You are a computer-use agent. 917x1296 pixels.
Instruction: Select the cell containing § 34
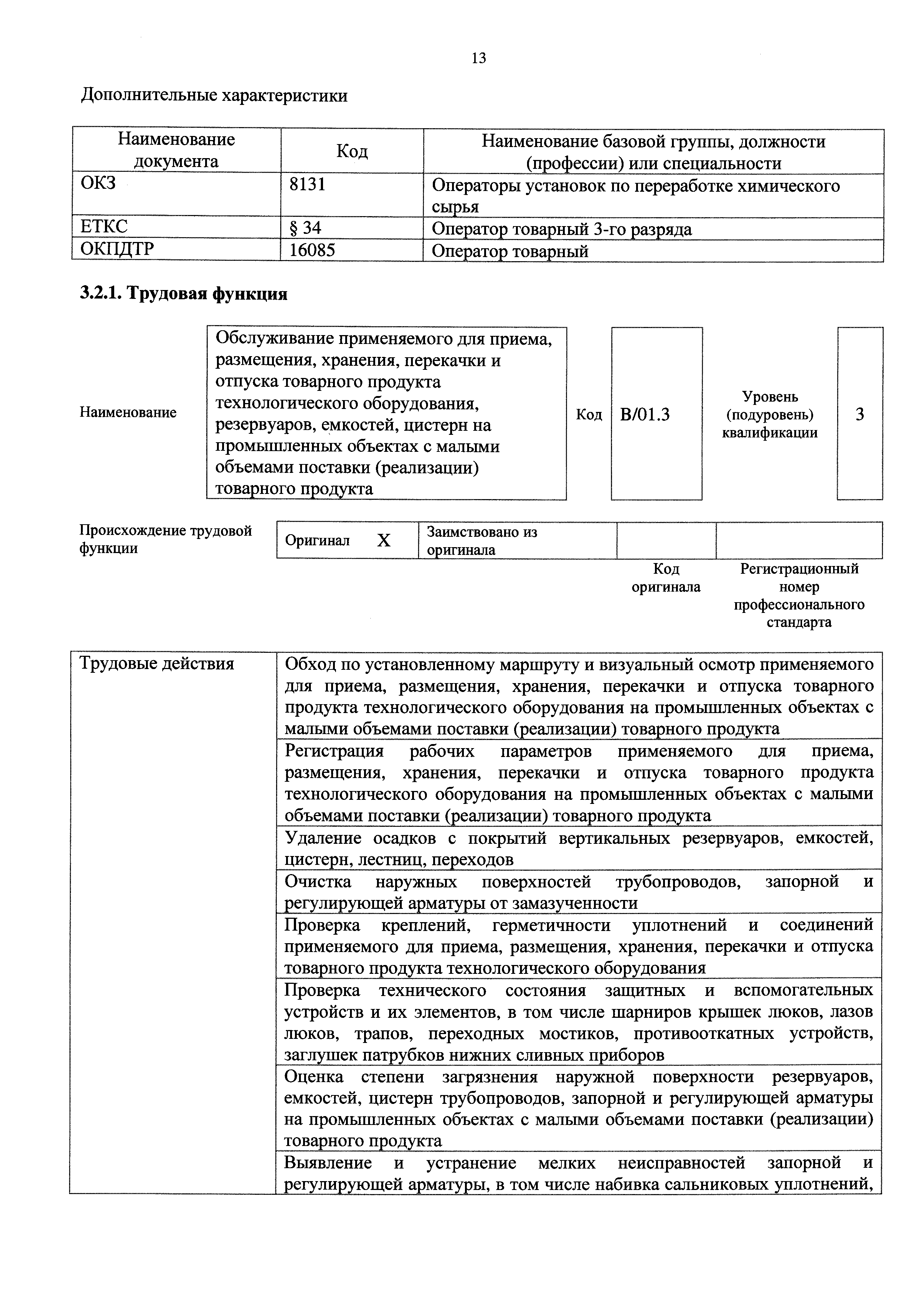coord(305,228)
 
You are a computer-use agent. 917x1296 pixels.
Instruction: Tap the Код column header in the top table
coord(352,151)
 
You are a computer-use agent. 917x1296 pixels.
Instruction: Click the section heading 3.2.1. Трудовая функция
coord(184,293)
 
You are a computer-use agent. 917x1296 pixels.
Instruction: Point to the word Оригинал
coord(317,541)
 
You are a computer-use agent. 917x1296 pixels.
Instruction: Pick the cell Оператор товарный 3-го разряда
coord(561,229)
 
